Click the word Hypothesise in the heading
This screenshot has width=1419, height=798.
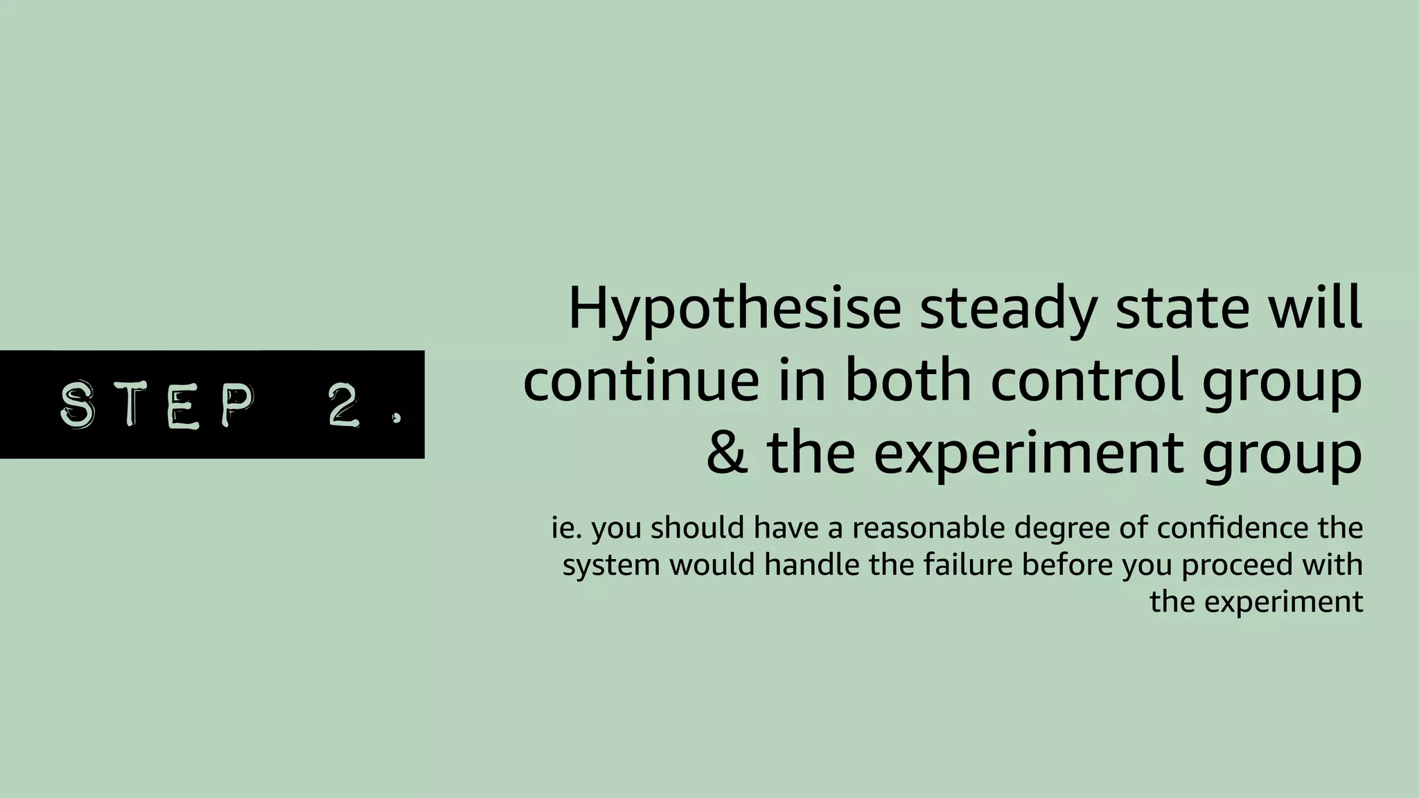[x=734, y=309]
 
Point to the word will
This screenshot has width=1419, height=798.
[x=1324, y=309]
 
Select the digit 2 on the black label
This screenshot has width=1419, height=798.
[x=344, y=405]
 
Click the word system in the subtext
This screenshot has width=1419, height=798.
[x=610, y=566]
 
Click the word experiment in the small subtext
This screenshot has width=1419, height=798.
[x=1283, y=603]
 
